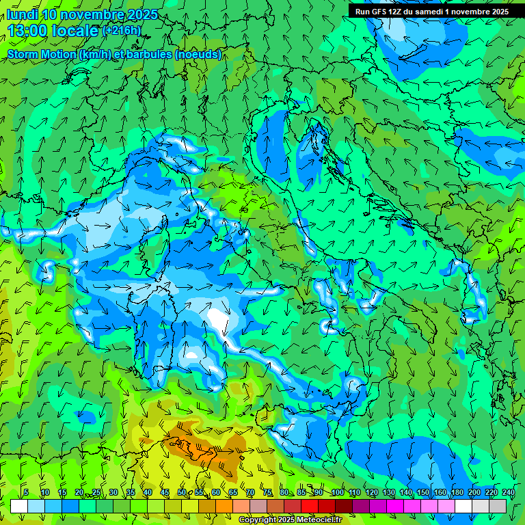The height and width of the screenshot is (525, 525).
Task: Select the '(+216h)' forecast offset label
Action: click(122, 31)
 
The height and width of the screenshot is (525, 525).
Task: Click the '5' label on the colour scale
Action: click(26, 492)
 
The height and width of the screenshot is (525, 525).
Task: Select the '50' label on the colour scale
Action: click(181, 492)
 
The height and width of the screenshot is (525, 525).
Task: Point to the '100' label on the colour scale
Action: click(336, 492)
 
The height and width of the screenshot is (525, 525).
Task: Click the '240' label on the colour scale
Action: click(509, 492)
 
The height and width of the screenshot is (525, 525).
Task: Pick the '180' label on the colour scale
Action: click(457, 492)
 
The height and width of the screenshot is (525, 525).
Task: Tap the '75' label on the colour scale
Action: click(267, 492)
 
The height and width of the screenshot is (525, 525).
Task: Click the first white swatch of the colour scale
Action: click(19, 506)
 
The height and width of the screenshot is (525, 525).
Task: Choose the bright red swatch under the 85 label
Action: click(310, 506)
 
